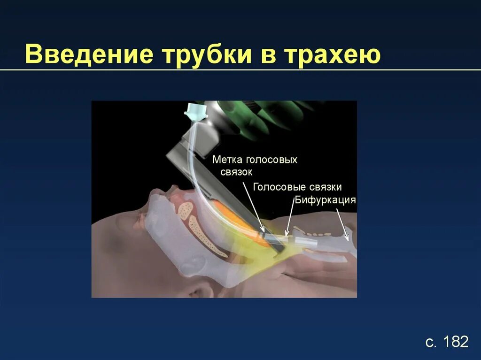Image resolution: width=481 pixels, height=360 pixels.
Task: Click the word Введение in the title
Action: point(89,54)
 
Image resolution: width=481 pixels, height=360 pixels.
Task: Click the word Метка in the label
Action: point(227,160)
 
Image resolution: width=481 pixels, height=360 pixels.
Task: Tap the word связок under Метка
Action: point(236,172)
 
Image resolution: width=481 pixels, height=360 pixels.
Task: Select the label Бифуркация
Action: point(325,200)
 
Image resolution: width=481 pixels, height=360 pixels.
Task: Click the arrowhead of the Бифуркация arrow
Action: point(348,239)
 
